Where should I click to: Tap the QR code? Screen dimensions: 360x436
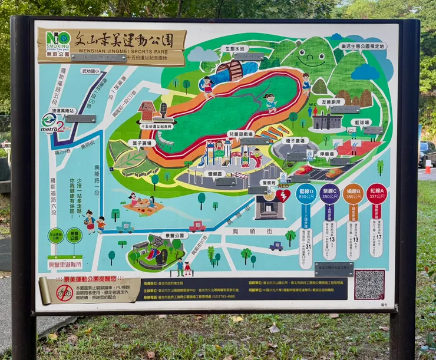[369, 285]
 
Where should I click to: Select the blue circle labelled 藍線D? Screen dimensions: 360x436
[306, 193]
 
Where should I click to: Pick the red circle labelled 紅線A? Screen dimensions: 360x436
[376, 193]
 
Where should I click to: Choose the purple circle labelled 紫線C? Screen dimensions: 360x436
[329, 193]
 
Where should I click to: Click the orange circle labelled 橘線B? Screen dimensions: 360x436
[353, 193]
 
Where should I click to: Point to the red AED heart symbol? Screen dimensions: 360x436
[282, 196]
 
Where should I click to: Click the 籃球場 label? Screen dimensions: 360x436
[362, 123]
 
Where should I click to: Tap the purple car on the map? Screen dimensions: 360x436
[276, 246]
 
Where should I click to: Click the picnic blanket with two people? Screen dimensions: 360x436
[142, 204]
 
